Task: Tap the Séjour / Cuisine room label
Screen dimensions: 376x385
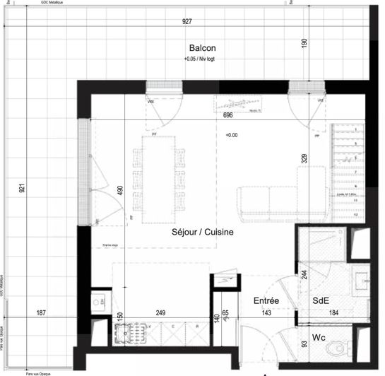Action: point(203,231)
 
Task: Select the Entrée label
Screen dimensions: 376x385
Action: point(266,301)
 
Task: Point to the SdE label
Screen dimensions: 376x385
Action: point(321,301)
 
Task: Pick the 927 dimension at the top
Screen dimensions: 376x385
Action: point(187,22)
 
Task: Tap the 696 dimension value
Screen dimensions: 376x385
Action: point(228,114)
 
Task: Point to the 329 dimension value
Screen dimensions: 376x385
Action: point(304,158)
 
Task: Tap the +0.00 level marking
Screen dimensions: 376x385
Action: point(232,135)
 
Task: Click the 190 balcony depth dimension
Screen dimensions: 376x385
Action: point(304,42)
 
